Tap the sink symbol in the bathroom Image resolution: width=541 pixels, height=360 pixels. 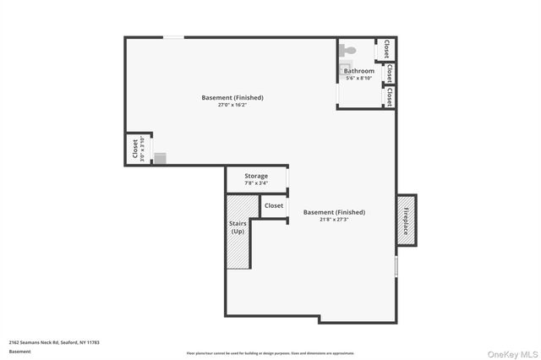(x=344, y=68)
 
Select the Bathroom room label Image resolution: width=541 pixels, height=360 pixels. (x=358, y=71)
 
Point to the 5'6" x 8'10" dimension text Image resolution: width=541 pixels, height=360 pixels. (x=358, y=79)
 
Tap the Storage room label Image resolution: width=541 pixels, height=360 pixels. (x=256, y=176)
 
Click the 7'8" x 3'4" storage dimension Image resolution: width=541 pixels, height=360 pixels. (x=256, y=183)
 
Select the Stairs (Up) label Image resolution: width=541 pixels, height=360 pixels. (x=238, y=227)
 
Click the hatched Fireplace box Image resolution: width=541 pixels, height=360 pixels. (x=407, y=220)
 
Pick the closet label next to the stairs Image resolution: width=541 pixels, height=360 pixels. (x=274, y=205)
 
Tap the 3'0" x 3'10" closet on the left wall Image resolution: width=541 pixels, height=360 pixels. (x=138, y=149)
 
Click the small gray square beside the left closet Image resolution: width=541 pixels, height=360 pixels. (x=160, y=159)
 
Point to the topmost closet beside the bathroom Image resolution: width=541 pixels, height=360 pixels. (x=387, y=48)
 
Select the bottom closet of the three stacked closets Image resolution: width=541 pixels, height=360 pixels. (x=389, y=97)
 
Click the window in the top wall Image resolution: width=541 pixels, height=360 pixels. (x=173, y=37)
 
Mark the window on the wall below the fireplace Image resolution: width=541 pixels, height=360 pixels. (x=396, y=267)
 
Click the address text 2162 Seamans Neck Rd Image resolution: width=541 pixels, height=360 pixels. (x=54, y=342)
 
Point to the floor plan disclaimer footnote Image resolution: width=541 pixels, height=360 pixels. (x=270, y=353)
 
